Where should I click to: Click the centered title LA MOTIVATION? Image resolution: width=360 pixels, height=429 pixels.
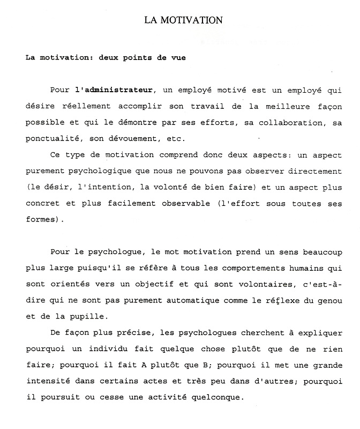pos(183,20)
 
